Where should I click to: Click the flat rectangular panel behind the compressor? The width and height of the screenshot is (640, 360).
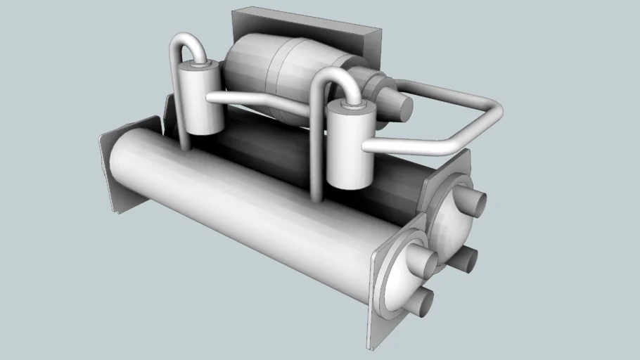(x=309, y=28)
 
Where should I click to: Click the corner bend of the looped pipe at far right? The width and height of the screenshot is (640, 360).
(x=492, y=112)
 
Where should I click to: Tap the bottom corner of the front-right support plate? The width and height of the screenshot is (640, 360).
(x=371, y=345)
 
